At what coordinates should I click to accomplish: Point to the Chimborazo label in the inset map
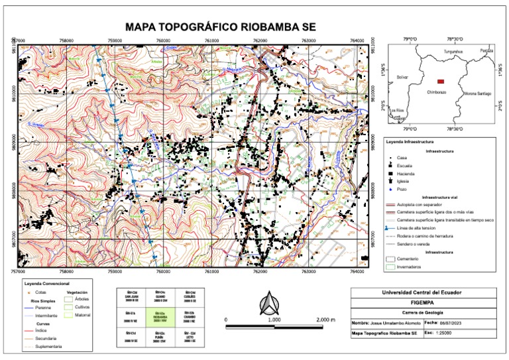coord(437,91)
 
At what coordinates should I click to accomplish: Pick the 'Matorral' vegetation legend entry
coord(83,315)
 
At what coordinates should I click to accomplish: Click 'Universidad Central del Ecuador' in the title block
coord(424,292)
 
